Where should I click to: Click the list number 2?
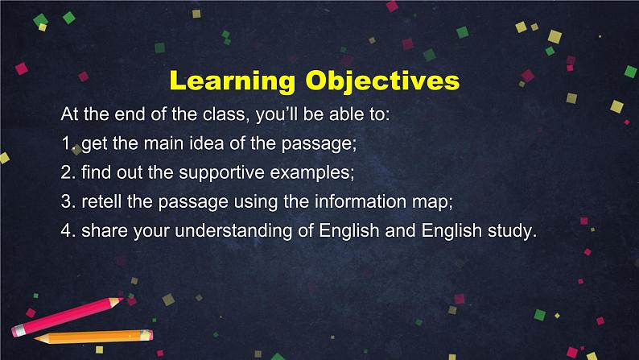(66, 173)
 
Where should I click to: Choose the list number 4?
(66, 231)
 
